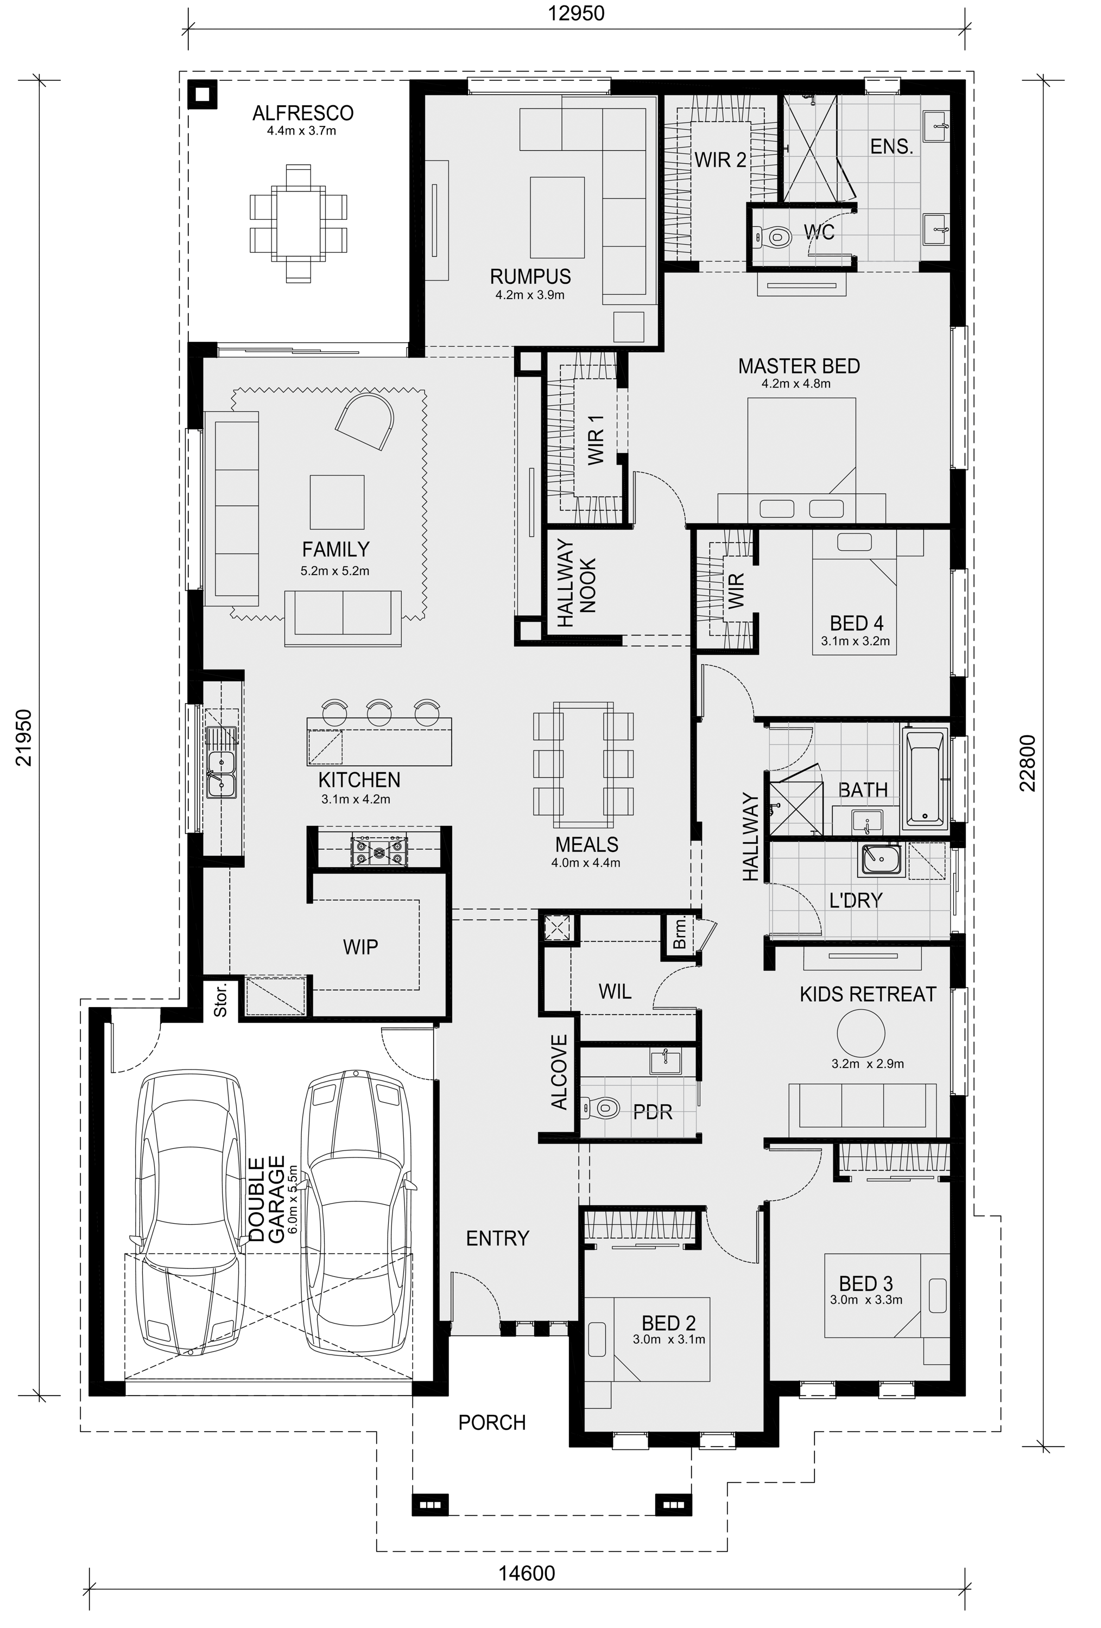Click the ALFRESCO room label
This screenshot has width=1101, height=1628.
click(303, 113)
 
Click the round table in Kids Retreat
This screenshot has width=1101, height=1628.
click(860, 1033)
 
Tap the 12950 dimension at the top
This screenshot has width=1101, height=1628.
click(576, 14)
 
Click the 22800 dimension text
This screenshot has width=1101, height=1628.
click(1027, 763)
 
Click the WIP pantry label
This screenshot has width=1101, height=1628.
click(360, 947)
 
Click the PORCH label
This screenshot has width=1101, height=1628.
click(492, 1423)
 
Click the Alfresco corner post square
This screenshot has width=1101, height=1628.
click(203, 94)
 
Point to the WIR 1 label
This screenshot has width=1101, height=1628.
click(596, 438)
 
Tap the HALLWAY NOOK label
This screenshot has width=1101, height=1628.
click(576, 582)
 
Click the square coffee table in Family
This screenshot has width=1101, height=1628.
click(337, 501)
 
